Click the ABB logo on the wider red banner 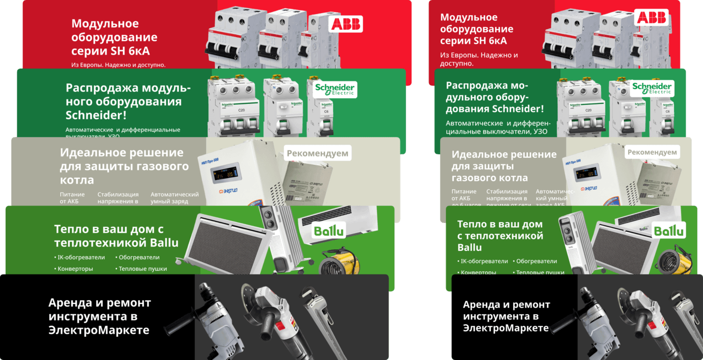click(x=345, y=24)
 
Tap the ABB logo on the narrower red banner click(x=651, y=17)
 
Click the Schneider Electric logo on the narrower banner click(x=652, y=88)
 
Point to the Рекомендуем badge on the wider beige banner click(x=317, y=153)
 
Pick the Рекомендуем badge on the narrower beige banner click(x=652, y=152)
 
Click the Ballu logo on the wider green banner click(x=328, y=230)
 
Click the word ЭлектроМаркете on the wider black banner click(x=99, y=330)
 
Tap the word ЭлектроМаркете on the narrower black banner click(x=506, y=328)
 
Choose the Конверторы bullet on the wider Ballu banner click(x=73, y=269)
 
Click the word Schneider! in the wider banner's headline click(x=96, y=115)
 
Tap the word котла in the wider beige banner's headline click(x=77, y=180)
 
